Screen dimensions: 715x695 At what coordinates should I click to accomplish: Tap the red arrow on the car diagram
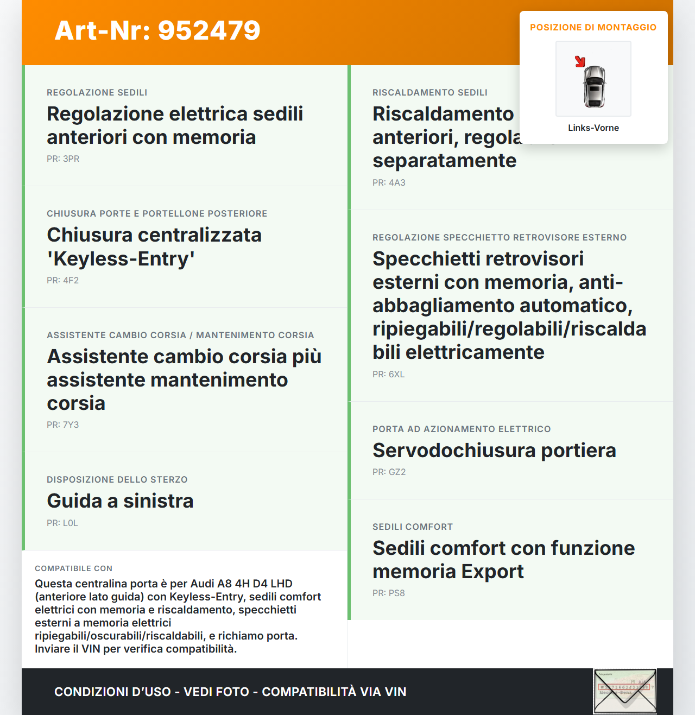(x=580, y=61)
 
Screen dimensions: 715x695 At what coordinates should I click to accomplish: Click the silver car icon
(x=594, y=86)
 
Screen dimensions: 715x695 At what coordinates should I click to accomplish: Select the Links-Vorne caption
(x=593, y=128)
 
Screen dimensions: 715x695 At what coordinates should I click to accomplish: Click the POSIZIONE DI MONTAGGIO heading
(x=593, y=27)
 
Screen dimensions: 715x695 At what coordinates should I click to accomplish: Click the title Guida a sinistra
(x=120, y=501)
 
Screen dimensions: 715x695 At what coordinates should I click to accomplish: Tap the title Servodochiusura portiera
(x=494, y=450)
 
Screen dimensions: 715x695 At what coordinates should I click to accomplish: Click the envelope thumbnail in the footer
(x=625, y=691)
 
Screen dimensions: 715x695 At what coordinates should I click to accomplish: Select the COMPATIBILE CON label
(x=73, y=568)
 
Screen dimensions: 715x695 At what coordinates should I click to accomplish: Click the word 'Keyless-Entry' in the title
(x=121, y=258)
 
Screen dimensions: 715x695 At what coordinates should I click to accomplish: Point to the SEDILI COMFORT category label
(x=413, y=527)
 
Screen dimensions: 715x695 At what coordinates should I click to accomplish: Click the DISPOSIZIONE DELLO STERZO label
(x=117, y=479)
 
